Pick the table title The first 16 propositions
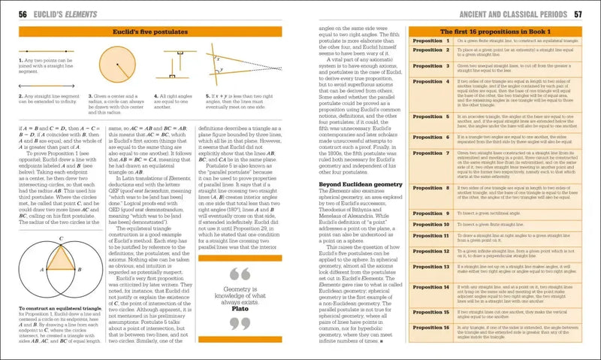pos(496,32)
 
